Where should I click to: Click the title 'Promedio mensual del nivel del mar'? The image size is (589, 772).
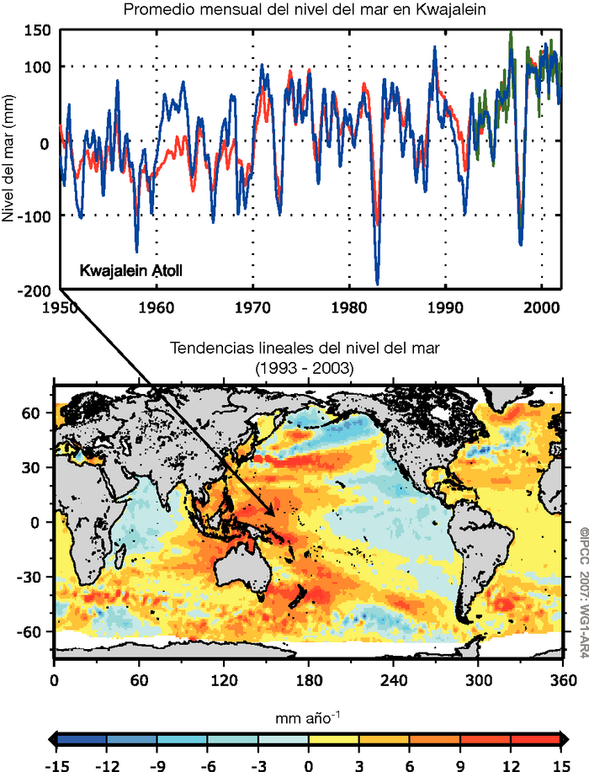click(x=294, y=10)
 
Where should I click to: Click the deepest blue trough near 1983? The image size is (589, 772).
click(x=377, y=284)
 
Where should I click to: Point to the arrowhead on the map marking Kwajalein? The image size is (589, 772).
click(x=273, y=510)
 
